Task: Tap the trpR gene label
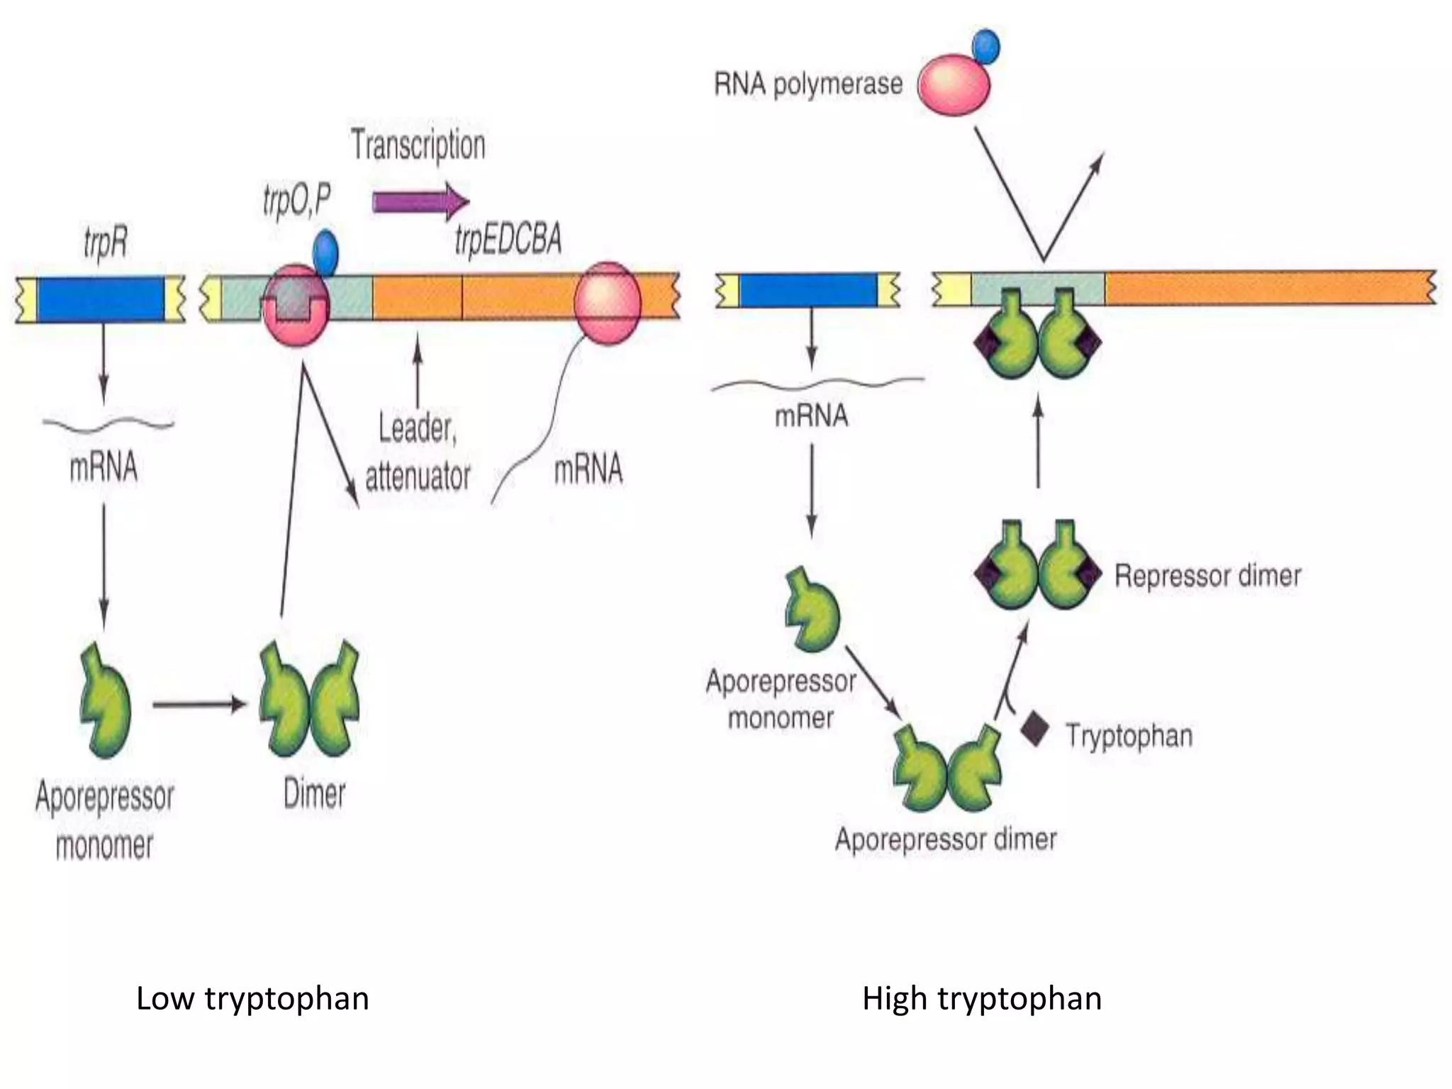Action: click(x=106, y=242)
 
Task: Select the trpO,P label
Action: click(x=297, y=199)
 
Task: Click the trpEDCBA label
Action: click(x=508, y=238)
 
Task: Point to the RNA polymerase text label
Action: click(x=808, y=84)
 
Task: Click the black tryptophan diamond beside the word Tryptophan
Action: click(x=1034, y=730)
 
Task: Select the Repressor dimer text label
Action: click(x=1207, y=576)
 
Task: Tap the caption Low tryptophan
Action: click(x=252, y=998)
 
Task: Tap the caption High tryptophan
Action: click(x=982, y=998)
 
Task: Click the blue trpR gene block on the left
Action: click(x=101, y=299)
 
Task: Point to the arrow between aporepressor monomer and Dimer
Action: click(x=199, y=705)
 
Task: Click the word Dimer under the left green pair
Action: click(x=314, y=793)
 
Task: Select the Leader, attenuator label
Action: click(x=418, y=452)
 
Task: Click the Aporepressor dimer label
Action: click(x=946, y=839)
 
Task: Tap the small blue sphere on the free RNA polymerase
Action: click(x=985, y=46)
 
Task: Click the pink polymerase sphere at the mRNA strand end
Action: click(x=608, y=303)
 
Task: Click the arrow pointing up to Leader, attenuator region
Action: click(x=418, y=369)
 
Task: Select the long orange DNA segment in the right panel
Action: click(x=1269, y=288)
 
